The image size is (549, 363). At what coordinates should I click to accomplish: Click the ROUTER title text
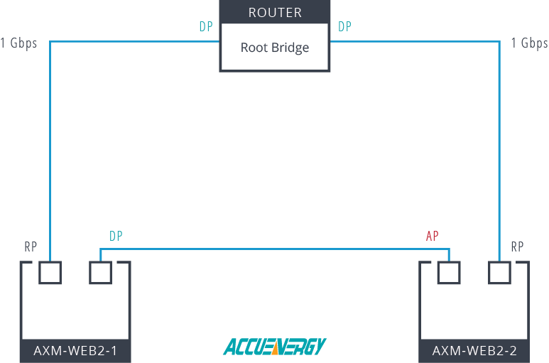(x=275, y=12)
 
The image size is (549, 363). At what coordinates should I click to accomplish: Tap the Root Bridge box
(x=275, y=48)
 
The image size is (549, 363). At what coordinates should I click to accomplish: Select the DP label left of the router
(x=205, y=27)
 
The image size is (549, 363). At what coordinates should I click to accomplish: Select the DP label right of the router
(x=344, y=27)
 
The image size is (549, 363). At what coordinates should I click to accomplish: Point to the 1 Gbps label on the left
(x=19, y=43)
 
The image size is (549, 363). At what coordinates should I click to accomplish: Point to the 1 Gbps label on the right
(x=529, y=43)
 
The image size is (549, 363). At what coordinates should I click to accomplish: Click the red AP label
(x=432, y=236)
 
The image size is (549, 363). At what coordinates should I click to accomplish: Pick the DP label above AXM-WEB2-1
(x=116, y=236)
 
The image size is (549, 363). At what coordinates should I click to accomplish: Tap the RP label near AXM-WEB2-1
(x=31, y=247)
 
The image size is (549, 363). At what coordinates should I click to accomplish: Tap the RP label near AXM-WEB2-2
(x=518, y=247)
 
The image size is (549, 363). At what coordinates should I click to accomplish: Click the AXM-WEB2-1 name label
(x=76, y=350)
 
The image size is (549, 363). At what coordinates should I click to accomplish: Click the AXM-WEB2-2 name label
(x=474, y=350)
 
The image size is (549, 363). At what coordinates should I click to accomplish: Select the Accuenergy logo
(x=274, y=346)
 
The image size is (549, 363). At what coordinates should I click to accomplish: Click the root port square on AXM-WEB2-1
(x=50, y=273)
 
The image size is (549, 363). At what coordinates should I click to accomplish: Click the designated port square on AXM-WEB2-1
(x=100, y=273)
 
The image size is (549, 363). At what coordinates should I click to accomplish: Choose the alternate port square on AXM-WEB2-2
(x=449, y=273)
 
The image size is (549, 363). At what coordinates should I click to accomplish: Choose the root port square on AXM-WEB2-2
(x=499, y=273)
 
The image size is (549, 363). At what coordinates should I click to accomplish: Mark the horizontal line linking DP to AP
(x=274, y=249)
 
